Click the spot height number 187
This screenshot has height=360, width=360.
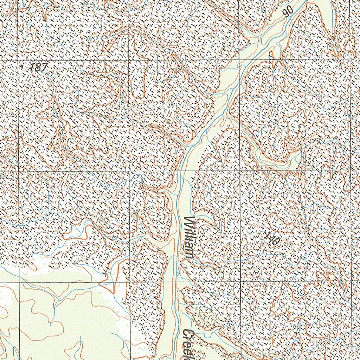pos(38,67)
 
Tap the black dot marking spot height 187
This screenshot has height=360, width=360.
pos(22,65)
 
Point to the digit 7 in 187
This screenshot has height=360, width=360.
pos(43,68)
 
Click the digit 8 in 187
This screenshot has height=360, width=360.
pos(37,67)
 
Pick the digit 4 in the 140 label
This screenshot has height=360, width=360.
pos(272,240)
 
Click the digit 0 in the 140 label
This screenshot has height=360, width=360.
pos(276,244)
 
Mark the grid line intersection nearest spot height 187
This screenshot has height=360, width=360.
pos(18,60)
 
